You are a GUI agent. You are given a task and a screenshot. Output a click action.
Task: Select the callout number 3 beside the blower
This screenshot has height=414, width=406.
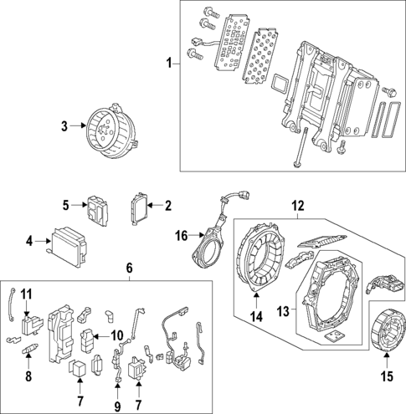(x=63, y=126)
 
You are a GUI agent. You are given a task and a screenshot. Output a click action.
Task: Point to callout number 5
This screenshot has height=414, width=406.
(x=65, y=204)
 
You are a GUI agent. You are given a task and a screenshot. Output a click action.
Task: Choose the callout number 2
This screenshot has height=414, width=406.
(x=167, y=204)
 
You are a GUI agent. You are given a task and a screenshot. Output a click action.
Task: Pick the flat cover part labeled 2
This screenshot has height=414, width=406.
(x=138, y=207)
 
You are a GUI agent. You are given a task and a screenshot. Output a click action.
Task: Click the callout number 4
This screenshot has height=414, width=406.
(x=29, y=242)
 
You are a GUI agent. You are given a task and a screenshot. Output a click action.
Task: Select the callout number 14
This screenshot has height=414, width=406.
(x=257, y=317)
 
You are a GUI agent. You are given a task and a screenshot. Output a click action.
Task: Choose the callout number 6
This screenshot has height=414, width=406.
(x=130, y=268)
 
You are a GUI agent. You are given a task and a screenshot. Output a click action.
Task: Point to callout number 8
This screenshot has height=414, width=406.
(x=28, y=377)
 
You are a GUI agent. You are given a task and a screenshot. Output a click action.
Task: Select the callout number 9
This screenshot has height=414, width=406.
(x=117, y=406)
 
